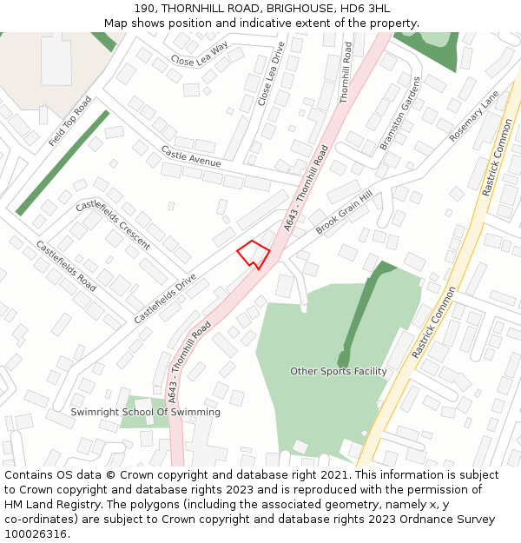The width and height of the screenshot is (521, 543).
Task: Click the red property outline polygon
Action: (x=254, y=254)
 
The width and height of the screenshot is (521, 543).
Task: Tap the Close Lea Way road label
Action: (x=199, y=54)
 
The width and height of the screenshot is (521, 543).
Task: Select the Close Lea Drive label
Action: (x=270, y=74)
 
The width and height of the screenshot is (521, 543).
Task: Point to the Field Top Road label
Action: (x=70, y=121)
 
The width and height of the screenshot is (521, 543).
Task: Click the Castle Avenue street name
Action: (x=190, y=156)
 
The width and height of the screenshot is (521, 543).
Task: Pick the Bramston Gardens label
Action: (x=399, y=114)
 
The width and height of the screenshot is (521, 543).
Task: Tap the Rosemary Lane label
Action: (x=474, y=116)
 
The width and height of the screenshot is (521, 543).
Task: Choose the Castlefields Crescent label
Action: (x=112, y=224)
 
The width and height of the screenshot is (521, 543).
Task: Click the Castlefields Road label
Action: (x=66, y=265)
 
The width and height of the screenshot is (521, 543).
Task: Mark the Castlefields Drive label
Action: (x=165, y=299)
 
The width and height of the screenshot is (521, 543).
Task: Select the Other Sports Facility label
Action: (x=339, y=371)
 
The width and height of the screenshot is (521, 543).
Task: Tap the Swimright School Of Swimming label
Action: (x=145, y=412)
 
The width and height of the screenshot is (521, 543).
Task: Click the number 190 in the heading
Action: (x=146, y=8)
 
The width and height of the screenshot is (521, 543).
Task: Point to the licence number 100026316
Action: (x=36, y=534)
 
